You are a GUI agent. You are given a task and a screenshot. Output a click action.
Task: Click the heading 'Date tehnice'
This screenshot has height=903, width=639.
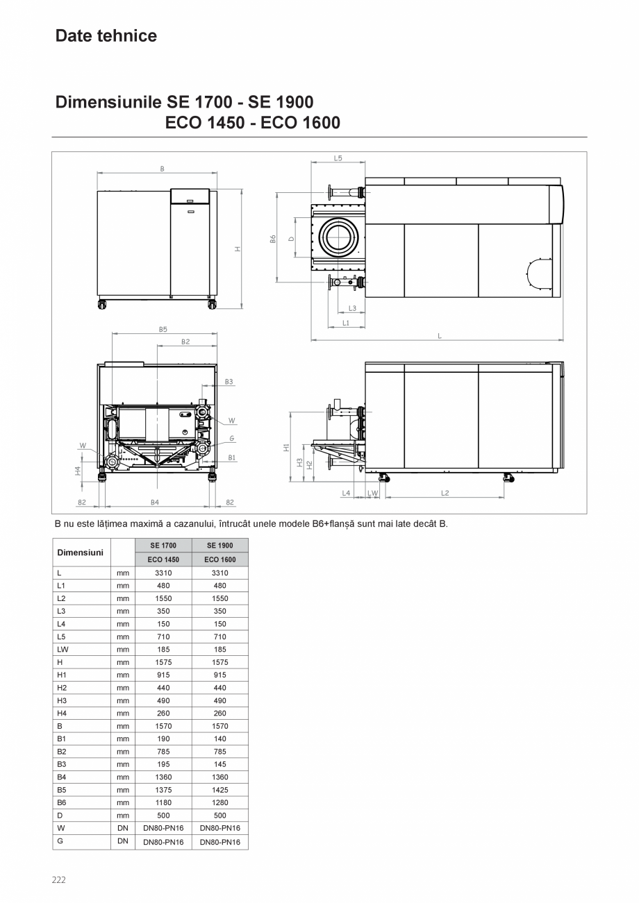[106, 36]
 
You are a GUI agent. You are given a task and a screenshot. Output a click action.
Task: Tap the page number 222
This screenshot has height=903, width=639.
[59, 880]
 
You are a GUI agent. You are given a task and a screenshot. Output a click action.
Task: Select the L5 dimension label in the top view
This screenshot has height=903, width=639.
[338, 158]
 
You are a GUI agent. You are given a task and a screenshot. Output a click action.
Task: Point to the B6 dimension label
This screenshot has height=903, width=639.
[273, 238]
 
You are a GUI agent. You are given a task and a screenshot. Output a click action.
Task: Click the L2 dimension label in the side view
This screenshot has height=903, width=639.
[445, 493]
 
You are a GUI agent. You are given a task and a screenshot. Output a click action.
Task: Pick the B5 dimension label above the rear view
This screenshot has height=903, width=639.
[163, 330]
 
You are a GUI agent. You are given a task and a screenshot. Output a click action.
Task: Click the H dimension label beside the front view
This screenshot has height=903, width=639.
[238, 248]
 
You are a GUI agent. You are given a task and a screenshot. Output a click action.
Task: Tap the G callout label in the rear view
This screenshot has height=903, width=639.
[232, 439]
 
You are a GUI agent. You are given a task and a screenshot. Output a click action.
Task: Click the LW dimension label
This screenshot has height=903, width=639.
[372, 493]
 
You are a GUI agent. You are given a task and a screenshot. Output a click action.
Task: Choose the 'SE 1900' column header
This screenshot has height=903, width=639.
[220, 546]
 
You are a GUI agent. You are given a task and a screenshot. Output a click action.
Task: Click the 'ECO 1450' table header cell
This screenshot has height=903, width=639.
[163, 559]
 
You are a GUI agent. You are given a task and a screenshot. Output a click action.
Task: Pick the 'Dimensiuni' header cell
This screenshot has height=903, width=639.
[81, 552]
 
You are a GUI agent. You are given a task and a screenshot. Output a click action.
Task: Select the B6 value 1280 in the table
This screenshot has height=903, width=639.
[220, 802]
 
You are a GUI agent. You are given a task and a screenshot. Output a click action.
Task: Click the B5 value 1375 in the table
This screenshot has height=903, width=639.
[163, 790]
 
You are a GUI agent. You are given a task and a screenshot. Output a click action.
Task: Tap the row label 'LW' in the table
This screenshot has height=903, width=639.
[62, 650]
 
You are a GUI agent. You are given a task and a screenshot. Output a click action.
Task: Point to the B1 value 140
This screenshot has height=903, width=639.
[220, 739]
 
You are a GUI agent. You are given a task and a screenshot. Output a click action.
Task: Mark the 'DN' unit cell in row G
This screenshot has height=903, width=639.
[123, 841]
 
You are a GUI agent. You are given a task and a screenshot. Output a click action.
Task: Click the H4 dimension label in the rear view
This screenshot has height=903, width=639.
[78, 471]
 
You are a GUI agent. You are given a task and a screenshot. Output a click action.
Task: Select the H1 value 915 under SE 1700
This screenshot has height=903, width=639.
[163, 675]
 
